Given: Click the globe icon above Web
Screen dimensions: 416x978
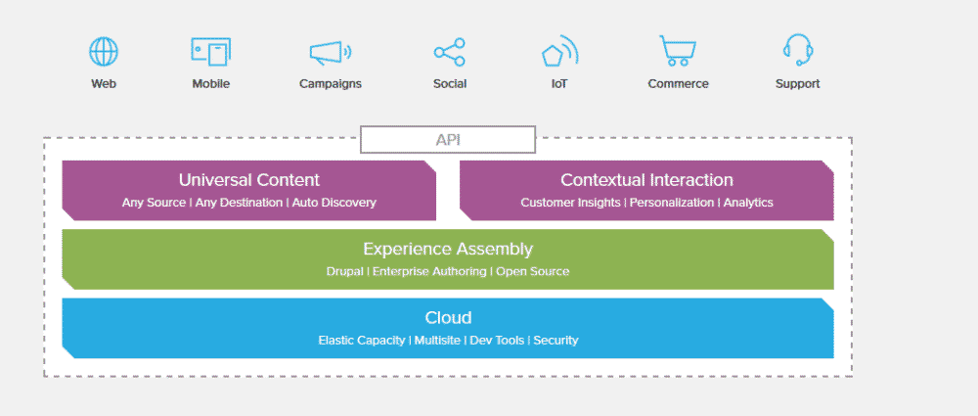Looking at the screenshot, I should (x=104, y=51).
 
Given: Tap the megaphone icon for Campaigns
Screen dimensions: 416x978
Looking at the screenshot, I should (x=330, y=52).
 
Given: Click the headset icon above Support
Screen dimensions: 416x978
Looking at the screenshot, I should (x=798, y=50).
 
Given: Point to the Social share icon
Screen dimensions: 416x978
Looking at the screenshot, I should (x=449, y=52).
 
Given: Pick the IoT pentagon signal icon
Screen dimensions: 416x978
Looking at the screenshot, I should (x=559, y=52).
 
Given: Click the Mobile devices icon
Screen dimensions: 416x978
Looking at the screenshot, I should (x=210, y=51).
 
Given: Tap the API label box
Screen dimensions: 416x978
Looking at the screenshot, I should (x=448, y=140).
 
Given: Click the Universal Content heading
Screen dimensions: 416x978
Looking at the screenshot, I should (x=248, y=180).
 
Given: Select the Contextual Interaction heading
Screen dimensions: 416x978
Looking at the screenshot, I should (x=646, y=180).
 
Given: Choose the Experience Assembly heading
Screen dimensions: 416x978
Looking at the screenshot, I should (x=448, y=250).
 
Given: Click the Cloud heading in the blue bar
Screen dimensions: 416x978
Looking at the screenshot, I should (x=448, y=318).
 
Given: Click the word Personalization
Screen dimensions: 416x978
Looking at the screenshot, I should (x=673, y=203).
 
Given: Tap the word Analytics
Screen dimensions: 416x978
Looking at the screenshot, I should (x=748, y=203).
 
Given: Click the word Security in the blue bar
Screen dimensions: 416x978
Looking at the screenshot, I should (x=556, y=341).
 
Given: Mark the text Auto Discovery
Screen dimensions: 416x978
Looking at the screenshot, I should (x=333, y=203).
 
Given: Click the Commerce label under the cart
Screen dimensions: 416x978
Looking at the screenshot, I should (x=678, y=84).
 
